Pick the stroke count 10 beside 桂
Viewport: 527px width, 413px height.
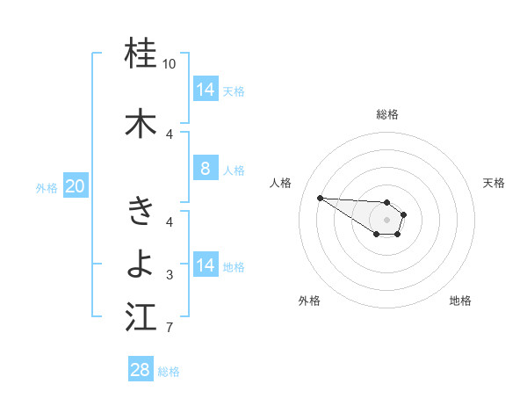(x=170, y=64)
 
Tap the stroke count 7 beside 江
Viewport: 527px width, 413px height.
(x=170, y=329)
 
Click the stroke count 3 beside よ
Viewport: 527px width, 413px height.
(x=170, y=275)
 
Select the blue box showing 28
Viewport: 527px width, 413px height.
(x=141, y=370)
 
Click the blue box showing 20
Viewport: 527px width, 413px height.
(x=75, y=186)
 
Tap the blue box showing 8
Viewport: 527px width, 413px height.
(x=205, y=169)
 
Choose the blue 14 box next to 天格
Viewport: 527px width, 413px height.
(x=205, y=90)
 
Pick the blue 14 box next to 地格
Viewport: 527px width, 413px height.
(x=205, y=265)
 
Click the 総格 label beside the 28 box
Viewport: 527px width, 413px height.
(x=170, y=372)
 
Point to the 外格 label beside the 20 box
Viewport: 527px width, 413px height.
(x=47, y=187)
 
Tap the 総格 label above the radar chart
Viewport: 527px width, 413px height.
(x=387, y=114)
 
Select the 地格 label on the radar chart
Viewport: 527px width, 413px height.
(x=460, y=301)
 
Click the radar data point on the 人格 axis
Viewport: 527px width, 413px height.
(x=320, y=198)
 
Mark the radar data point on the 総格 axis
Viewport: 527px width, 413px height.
(x=386, y=203)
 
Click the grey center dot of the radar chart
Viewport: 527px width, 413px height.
(x=386, y=220)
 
